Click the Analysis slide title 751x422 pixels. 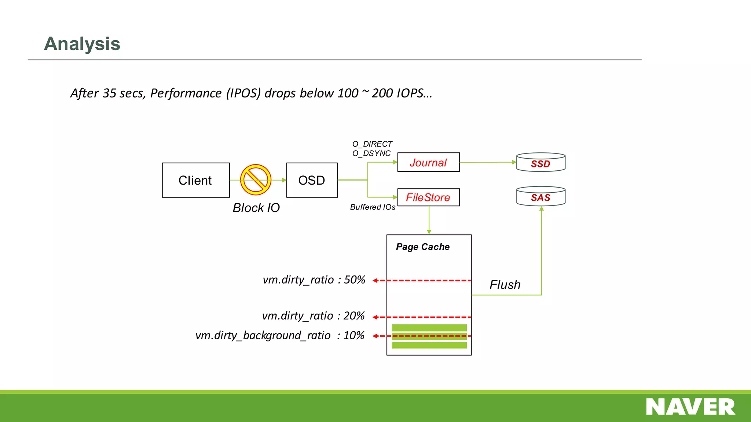tap(82, 44)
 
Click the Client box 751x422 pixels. tap(195, 180)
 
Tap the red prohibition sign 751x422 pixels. tap(256, 179)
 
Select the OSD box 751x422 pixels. tap(312, 180)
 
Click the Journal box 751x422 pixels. tap(428, 162)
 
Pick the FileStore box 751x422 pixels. tap(428, 197)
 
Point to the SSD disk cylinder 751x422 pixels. tap(541, 163)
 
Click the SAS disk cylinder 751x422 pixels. tap(541, 197)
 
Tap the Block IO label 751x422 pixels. tap(256, 208)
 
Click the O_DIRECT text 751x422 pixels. tap(372, 144)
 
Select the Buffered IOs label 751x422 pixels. tap(373, 207)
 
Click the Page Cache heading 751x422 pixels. tap(422, 247)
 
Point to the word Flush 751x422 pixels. tap(505, 285)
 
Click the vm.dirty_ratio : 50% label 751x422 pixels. tap(314, 280)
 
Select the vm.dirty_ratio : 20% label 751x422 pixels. tap(313, 316)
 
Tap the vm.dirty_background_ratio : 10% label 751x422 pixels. tap(280, 336)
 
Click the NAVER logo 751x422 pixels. tap(690, 407)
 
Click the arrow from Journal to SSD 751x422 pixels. tap(488, 162)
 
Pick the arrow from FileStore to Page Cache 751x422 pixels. tap(429, 220)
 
